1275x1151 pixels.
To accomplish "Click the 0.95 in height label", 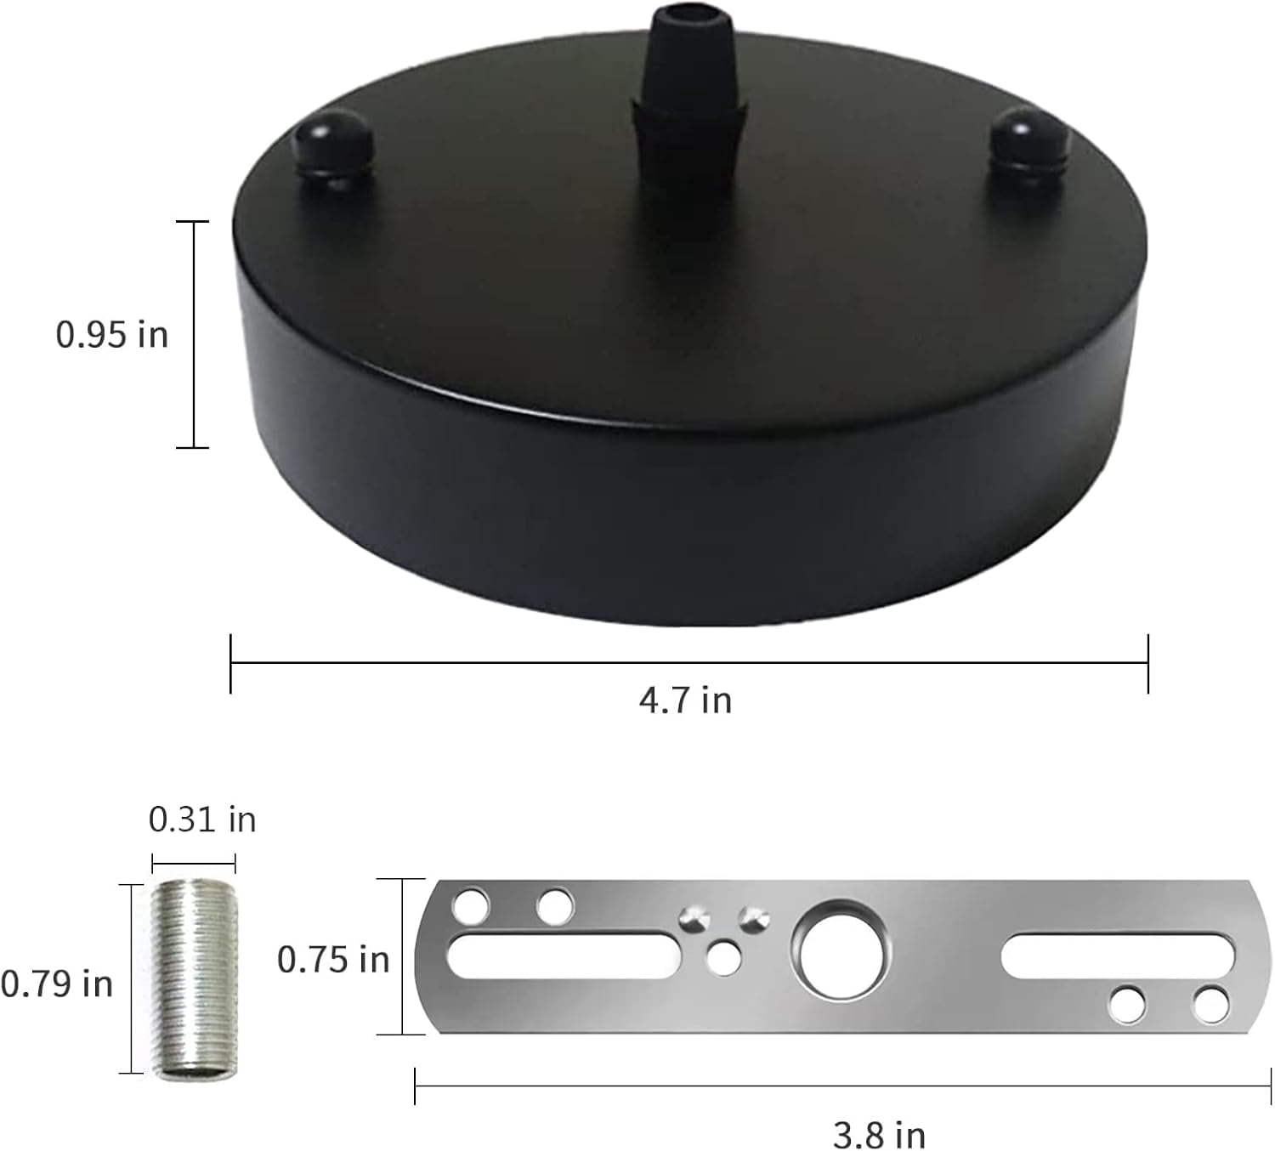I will point(111,335).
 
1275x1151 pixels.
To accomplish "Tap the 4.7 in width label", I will point(685,700).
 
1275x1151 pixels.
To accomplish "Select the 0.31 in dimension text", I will point(201,819).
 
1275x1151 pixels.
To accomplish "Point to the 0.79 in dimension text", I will point(57,984).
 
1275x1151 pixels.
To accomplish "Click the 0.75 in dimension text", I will point(333,960).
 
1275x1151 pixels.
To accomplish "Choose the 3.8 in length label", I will point(878,1134).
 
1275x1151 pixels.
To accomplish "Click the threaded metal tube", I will point(195,979).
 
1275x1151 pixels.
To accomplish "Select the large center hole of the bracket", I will point(841,949).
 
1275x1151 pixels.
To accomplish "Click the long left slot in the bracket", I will point(561,954).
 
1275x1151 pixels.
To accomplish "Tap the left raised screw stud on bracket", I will point(695,918).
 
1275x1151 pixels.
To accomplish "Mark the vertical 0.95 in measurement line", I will point(194,334).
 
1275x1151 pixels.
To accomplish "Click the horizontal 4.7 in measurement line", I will point(688,663).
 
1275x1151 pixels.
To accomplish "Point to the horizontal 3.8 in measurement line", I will point(841,1086).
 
